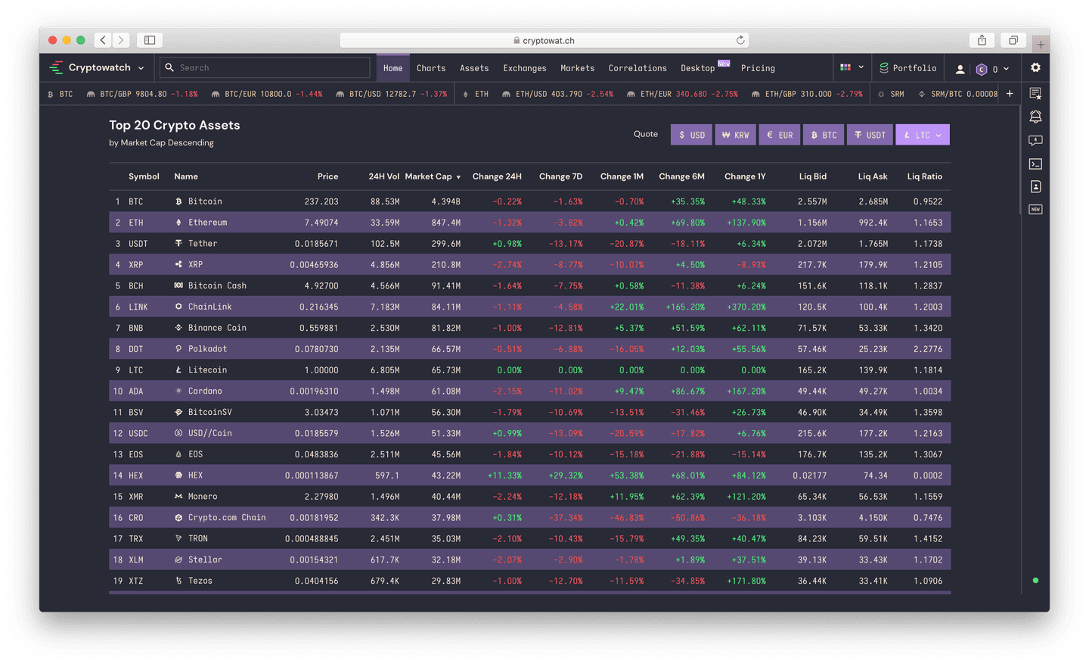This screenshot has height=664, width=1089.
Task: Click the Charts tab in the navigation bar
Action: click(431, 68)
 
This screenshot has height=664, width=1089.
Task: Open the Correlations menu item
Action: click(638, 68)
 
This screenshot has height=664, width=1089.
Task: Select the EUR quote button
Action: click(780, 135)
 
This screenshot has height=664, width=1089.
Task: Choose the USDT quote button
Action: click(870, 135)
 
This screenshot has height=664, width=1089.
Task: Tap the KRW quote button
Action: click(735, 135)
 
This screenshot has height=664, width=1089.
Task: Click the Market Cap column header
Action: click(429, 176)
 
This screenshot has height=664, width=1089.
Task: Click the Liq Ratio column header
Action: click(924, 176)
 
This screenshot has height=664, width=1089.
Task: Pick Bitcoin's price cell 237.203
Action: click(321, 201)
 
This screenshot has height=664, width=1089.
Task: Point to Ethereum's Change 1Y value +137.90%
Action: click(746, 223)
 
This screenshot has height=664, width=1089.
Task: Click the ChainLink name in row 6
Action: click(209, 307)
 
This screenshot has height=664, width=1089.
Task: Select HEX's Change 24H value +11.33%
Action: click(504, 475)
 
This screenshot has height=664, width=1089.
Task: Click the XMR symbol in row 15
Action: click(136, 497)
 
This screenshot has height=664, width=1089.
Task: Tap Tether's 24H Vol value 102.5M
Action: click(385, 244)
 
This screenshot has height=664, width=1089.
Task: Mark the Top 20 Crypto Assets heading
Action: click(175, 126)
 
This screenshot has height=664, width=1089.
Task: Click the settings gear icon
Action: click(1035, 67)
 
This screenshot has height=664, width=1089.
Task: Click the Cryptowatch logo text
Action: click(99, 67)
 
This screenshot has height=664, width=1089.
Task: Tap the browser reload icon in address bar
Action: click(740, 40)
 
